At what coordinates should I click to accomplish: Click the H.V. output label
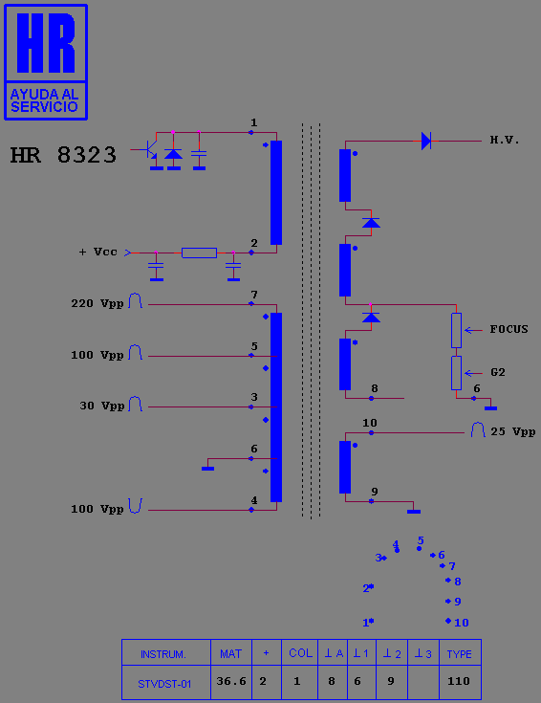(x=505, y=141)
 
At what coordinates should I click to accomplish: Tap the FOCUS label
(x=509, y=330)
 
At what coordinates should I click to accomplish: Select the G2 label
(x=498, y=373)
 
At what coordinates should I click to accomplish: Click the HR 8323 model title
(x=63, y=155)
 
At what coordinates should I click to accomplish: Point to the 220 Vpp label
(x=97, y=303)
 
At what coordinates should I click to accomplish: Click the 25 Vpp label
(x=513, y=431)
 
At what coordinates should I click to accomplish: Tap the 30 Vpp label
(x=101, y=406)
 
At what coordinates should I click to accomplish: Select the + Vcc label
(x=97, y=252)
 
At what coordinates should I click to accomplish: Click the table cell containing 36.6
(x=231, y=681)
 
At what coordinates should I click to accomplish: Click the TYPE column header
(x=460, y=654)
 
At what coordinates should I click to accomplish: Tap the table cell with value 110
(x=459, y=681)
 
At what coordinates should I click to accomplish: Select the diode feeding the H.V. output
(x=426, y=141)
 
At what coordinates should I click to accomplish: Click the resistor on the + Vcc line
(x=199, y=253)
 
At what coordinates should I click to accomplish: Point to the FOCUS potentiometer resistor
(x=456, y=330)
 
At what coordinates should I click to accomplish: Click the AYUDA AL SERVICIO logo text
(x=44, y=100)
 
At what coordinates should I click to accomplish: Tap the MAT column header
(x=230, y=654)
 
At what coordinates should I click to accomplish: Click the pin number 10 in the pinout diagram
(x=462, y=623)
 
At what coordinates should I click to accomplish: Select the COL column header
(x=300, y=653)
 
